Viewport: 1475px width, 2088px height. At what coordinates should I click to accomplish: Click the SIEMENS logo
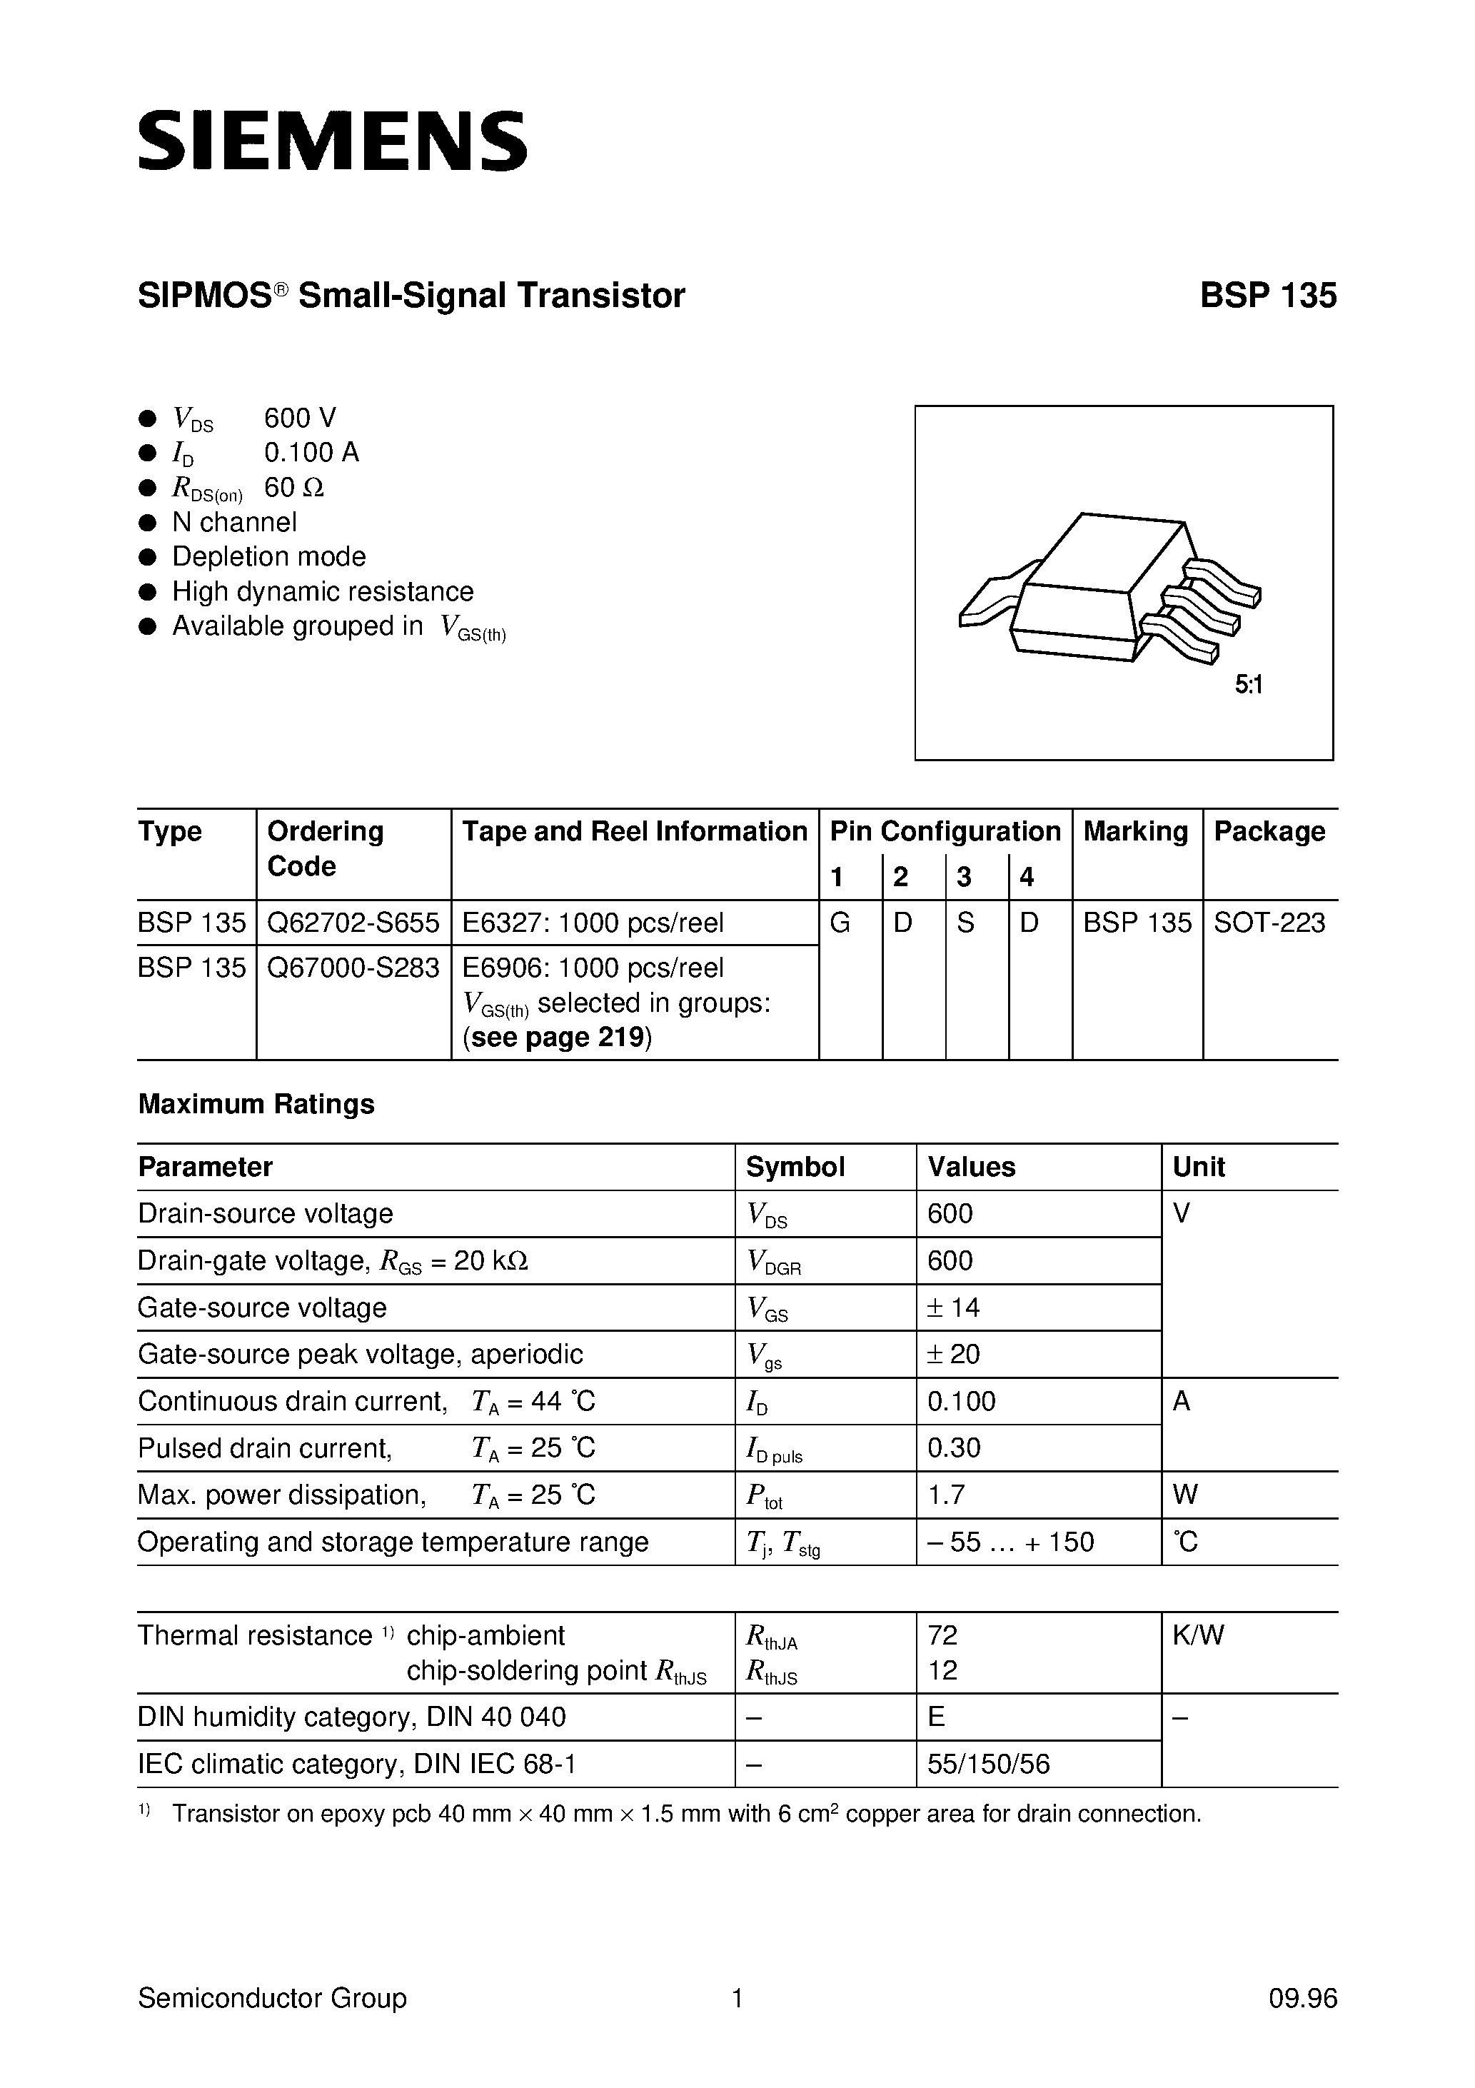(x=332, y=141)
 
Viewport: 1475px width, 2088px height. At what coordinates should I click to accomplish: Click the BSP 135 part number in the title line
(x=1268, y=296)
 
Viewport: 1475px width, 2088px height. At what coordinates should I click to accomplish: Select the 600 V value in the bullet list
(x=300, y=418)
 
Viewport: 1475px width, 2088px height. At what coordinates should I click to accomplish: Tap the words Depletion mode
(x=268, y=556)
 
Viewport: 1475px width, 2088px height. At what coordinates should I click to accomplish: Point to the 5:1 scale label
(x=1249, y=685)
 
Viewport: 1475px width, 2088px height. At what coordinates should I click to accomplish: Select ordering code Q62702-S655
(x=353, y=923)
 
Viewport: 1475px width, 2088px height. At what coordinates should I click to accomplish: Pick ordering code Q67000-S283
(x=353, y=968)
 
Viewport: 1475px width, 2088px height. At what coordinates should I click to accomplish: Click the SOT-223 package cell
(x=1269, y=923)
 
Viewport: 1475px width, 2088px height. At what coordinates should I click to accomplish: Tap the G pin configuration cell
(x=840, y=923)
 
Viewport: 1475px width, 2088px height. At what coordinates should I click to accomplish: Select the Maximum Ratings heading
(x=256, y=1104)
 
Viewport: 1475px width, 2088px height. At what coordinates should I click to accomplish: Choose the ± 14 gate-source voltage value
(x=953, y=1307)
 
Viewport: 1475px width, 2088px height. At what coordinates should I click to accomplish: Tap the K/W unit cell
(x=1198, y=1635)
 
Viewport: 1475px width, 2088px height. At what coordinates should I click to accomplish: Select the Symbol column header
(x=795, y=1167)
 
